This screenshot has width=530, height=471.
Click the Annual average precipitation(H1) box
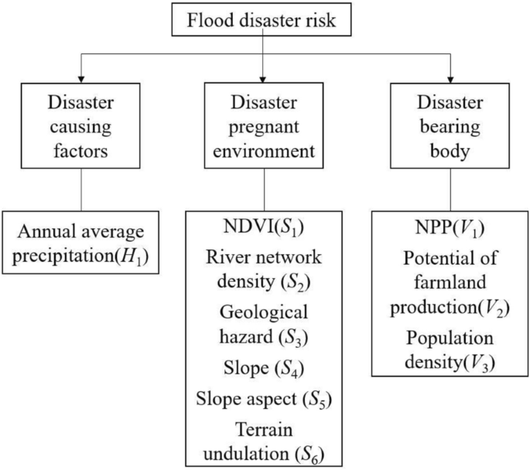click(81, 242)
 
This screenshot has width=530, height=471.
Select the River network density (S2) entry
click(265, 269)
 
